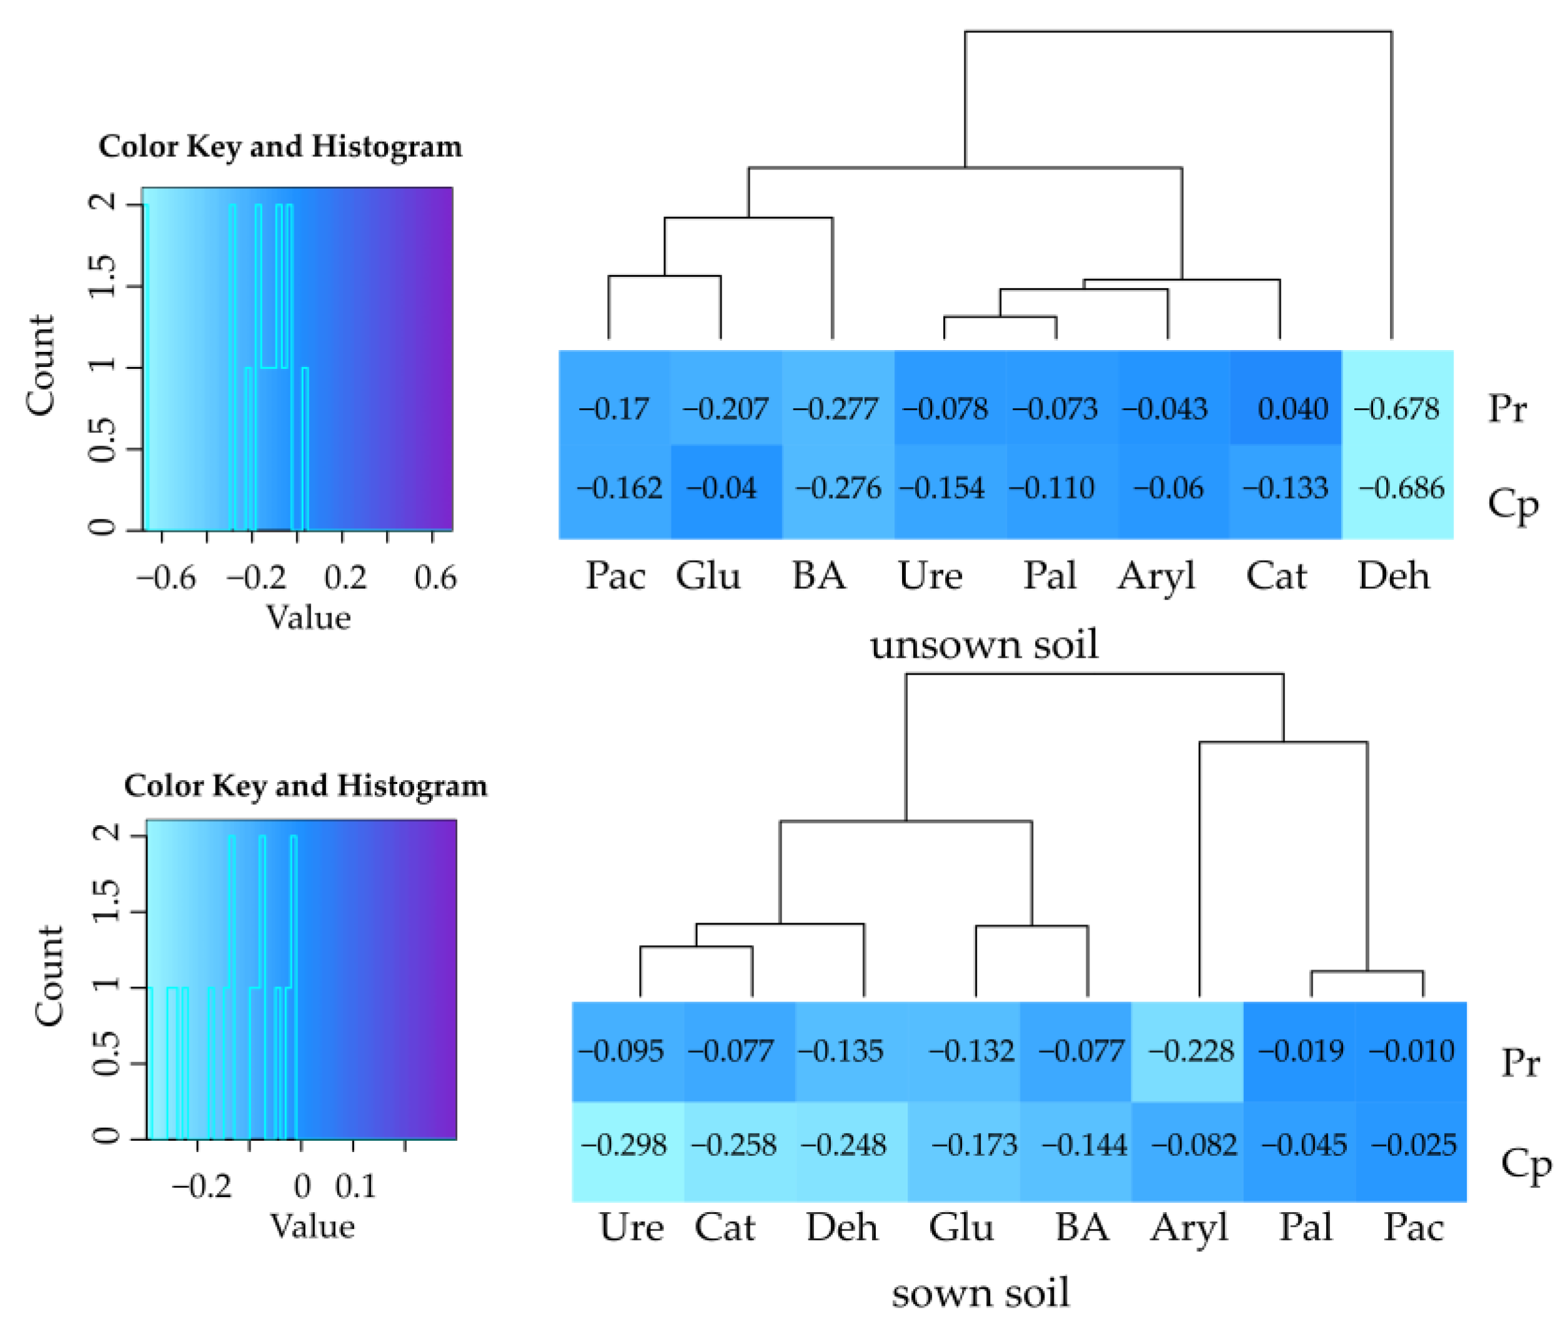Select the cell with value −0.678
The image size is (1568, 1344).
(1397, 409)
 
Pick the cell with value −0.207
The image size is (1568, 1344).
(726, 409)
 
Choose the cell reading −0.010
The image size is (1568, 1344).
(1411, 1050)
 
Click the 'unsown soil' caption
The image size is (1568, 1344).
(984, 645)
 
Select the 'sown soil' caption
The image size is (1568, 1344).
(981, 1293)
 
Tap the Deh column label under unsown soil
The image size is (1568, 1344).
(1393, 576)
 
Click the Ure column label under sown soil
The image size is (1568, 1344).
(631, 1227)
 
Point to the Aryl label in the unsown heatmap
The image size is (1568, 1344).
(1156, 577)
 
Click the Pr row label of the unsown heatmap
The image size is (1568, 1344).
(1507, 409)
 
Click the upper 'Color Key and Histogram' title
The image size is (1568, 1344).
(280, 147)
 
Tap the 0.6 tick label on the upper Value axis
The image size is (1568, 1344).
(435, 578)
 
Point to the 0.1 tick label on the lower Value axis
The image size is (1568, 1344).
(355, 1186)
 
